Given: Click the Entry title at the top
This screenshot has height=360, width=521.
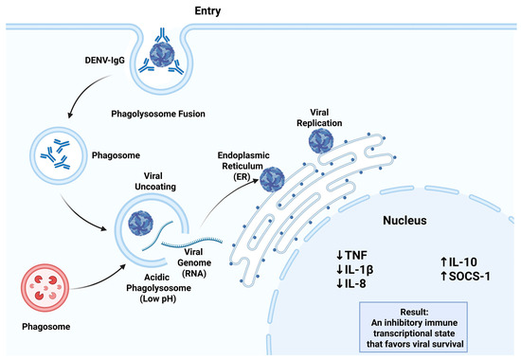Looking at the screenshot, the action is pos(207,10).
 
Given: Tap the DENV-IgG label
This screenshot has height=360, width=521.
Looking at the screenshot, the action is pos(104,61).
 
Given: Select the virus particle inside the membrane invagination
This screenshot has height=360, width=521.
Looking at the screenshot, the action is pos(162,54).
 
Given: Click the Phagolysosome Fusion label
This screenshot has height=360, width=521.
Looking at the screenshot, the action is pos(158,114).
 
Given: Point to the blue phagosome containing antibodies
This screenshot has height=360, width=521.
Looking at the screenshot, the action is pos(59,155).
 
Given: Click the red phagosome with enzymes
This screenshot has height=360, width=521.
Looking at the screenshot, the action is pos(45,288).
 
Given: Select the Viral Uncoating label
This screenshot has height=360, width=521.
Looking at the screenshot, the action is pos(155,181).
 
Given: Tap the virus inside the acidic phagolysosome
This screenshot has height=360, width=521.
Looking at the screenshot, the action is pos(140,223).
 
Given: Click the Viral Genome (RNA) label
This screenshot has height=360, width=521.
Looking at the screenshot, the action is pos(194,262).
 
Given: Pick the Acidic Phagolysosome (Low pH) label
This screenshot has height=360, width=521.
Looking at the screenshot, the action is pos(158,288).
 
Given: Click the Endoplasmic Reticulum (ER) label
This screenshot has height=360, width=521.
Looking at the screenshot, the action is pos(243,166).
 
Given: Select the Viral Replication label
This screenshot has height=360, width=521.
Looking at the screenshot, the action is pos(319,117).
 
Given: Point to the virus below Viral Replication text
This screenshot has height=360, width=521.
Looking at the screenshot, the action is pos(321,141).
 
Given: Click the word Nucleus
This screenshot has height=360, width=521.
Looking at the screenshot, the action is pos(404,220).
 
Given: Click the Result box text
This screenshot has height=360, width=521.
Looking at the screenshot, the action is pos(414,328).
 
